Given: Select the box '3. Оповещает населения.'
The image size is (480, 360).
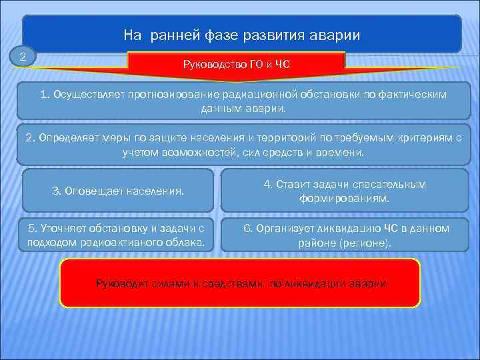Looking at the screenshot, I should coord(118,191).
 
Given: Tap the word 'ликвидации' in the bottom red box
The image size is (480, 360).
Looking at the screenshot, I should coord(313,283).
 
